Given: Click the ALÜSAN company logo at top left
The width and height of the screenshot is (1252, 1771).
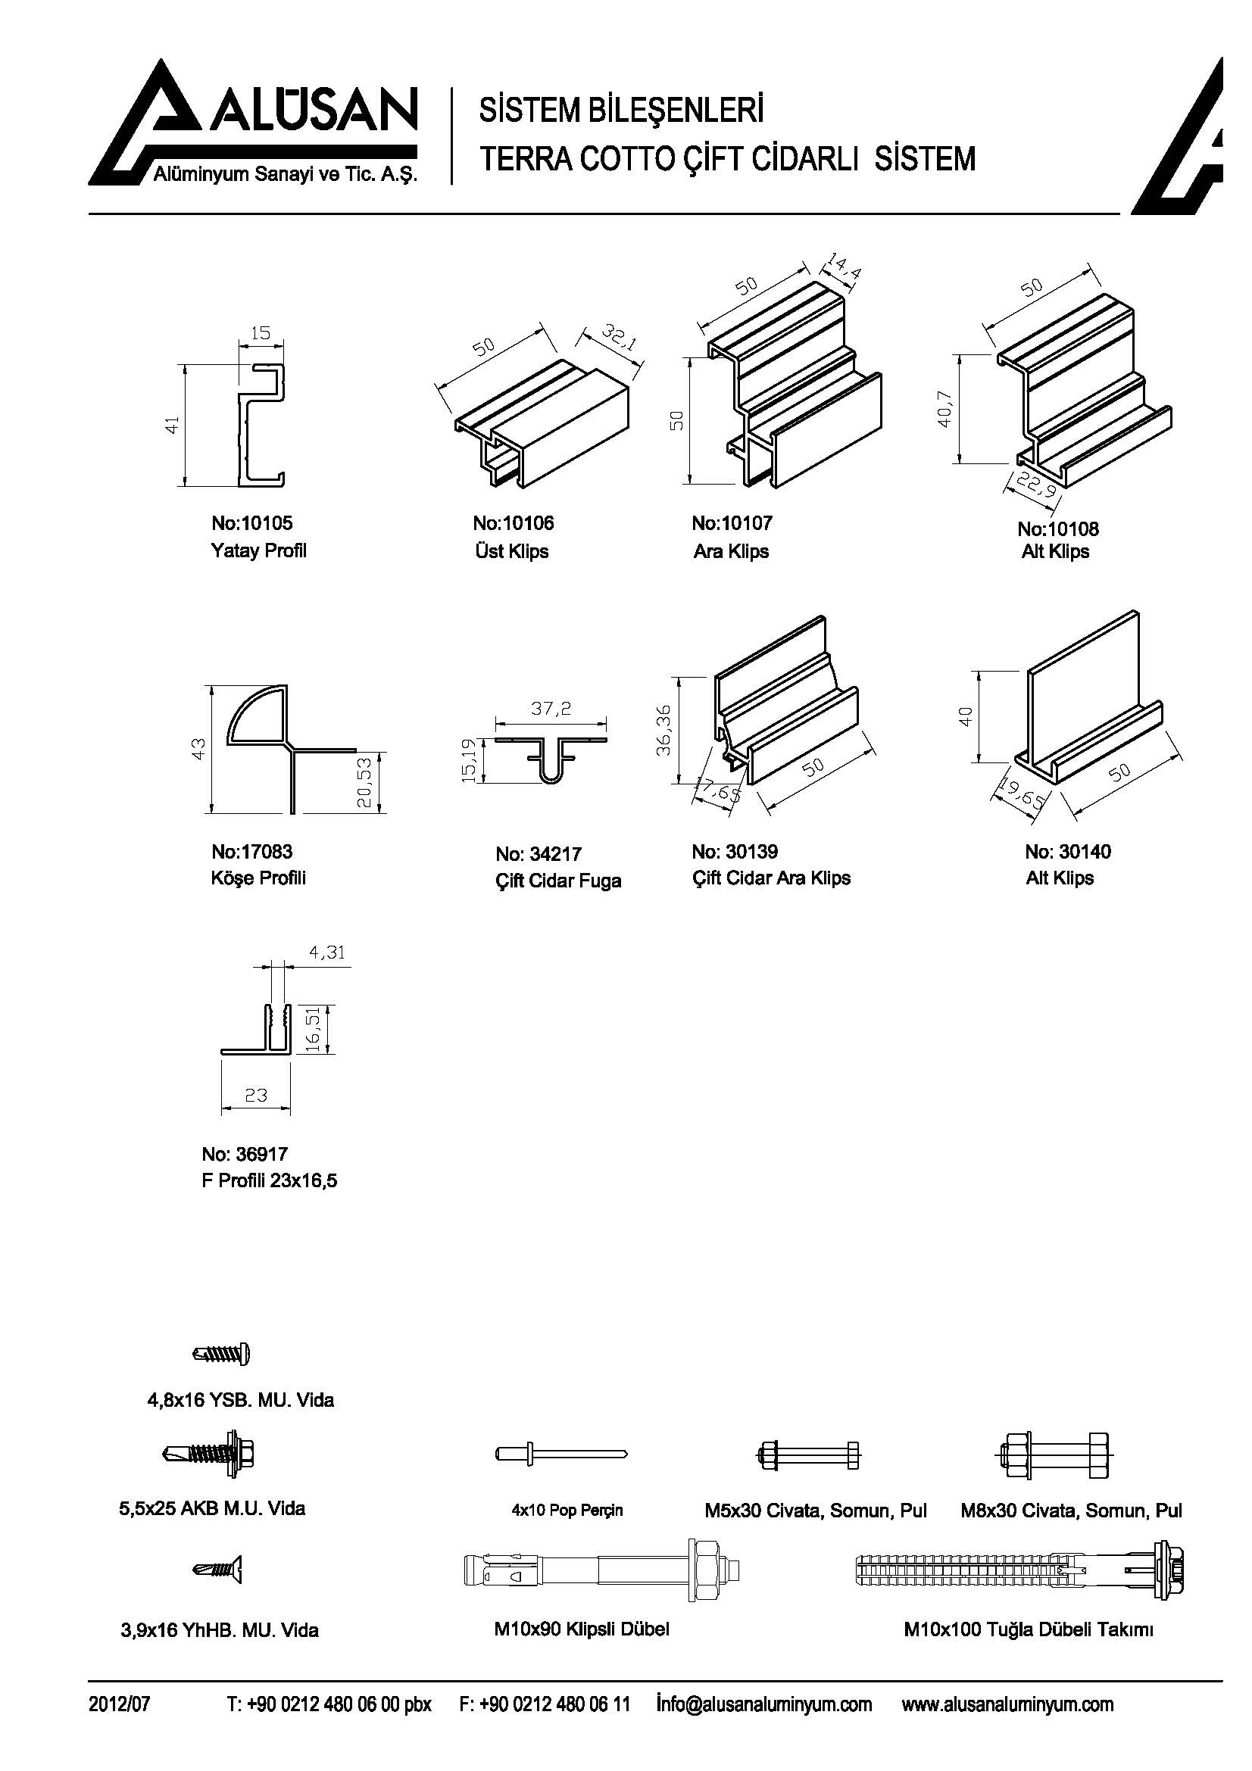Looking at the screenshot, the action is click(253, 123).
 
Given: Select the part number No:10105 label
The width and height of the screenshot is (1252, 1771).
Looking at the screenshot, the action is click(252, 523).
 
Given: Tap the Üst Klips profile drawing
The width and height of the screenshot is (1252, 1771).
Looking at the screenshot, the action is click(542, 424).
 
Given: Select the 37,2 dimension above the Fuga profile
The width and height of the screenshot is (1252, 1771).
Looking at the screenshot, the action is click(551, 707).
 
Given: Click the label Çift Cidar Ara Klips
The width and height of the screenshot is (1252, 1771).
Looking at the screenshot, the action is click(771, 878).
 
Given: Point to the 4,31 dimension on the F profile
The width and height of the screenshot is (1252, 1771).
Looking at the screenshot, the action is click(327, 953).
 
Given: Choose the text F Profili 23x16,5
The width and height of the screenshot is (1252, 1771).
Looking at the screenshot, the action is click(270, 1180).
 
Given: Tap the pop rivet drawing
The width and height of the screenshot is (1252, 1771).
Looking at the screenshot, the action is click(561, 1454).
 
